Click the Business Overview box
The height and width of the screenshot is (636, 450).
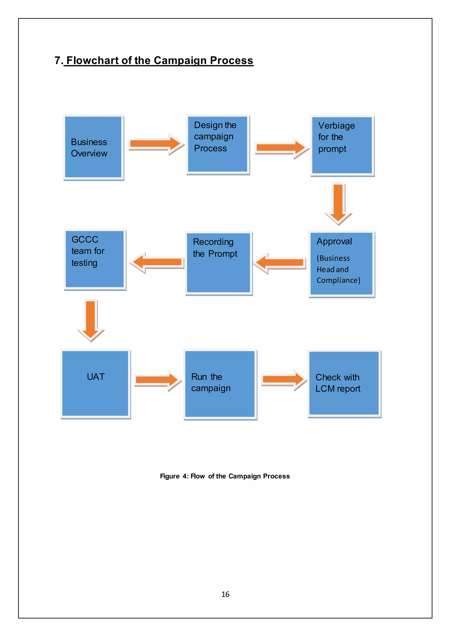coord(93,147)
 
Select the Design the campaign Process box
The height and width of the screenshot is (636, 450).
coord(218,144)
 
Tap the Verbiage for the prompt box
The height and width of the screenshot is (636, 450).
coord(342,145)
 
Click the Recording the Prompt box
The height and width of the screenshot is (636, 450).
coord(218,263)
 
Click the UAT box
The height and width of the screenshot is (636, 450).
coord(95,383)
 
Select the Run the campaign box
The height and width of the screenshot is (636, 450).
coord(220,384)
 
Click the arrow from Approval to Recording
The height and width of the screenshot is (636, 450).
coord(280,262)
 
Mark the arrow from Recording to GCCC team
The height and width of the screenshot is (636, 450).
coord(157,262)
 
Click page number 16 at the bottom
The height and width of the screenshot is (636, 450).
coord(225,594)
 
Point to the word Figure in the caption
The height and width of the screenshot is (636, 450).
coord(170,476)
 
